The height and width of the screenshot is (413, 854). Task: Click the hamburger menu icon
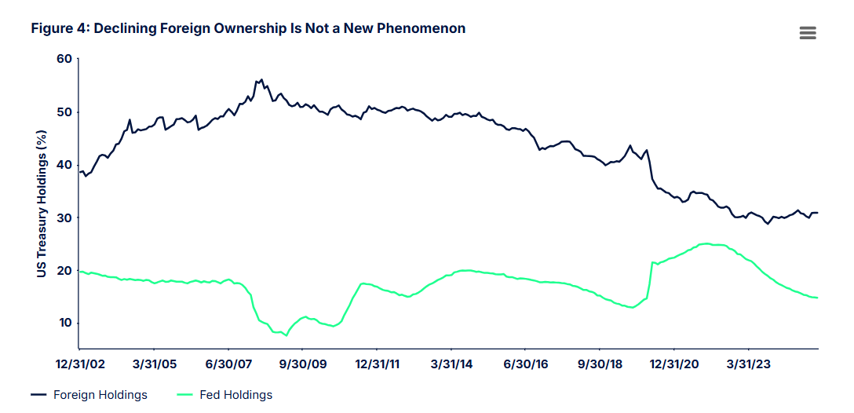pyautogui.click(x=808, y=33)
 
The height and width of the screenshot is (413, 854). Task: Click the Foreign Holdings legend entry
pyautogui.click(x=89, y=395)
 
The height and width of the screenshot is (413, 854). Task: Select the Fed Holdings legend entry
pyautogui.click(x=225, y=395)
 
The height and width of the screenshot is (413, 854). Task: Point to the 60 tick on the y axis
pyautogui.click(x=64, y=60)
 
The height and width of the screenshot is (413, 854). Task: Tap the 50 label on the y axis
pyautogui.click(x=64, y=112)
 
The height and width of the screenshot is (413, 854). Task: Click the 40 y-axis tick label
pyautogui.click(x=64, y=165)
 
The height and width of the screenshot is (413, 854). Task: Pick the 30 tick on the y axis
pyautogui.click(x=64, y=218)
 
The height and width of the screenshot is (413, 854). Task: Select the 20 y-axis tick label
pyautogui.click(x=64, y=271)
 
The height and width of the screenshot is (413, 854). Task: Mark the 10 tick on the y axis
pyautogui.click(x=65, y=323)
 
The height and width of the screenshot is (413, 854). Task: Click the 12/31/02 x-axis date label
pyautogui.click(x=80, y=364)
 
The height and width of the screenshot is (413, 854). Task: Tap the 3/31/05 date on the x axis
pyautogui.click(x=154, y=364)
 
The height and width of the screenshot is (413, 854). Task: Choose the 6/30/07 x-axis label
pyautogui.click(x=228, y=364)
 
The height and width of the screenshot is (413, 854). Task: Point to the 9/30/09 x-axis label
pyautogui.click(x=303, y=364)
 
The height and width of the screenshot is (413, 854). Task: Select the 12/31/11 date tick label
pyautogui.click(x=377, y=364)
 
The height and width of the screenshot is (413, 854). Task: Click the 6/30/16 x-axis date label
pyautogui.click(x=525, y=364)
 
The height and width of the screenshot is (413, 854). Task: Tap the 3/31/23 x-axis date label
pyautogui.click(x=748, y=364)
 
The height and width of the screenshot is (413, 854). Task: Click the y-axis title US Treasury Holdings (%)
pyautogui.click(x=42, y=203)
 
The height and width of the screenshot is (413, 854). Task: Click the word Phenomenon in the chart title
pyautogui.click(x=418, y=28)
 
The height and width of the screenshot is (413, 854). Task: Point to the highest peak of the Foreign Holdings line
pyautogui.click(x=261, y=79)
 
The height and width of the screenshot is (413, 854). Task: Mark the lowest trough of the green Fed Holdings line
pyautogui.click(x=286, y=335)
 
